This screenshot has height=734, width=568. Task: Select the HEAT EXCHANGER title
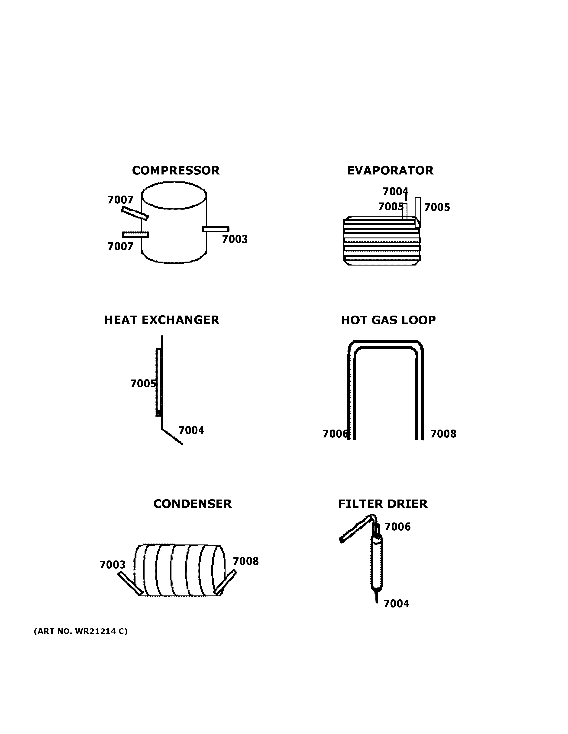(x=161, y=320)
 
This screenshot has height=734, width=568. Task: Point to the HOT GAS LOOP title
(x=388, y=320)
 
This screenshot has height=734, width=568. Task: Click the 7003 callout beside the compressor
(x=235, y=239)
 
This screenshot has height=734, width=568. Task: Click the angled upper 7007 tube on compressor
(x=135, y=213)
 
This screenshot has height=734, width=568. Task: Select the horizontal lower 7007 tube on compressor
(x=135, y=234)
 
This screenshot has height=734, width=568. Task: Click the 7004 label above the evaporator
(x=395, y=192)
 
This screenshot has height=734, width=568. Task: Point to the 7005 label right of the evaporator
(x=437, y=207)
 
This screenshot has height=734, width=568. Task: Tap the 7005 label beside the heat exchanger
(x=143, y=383)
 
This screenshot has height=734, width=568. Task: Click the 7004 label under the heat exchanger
(x=191, y=430)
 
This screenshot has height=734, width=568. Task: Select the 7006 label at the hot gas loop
(x=335, y=434)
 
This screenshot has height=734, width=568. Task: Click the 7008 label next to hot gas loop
(x=443, y=434)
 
